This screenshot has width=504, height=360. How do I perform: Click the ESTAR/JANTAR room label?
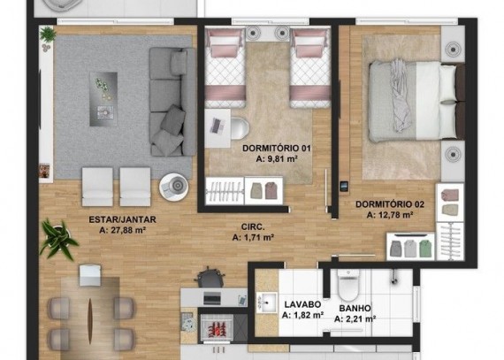123,219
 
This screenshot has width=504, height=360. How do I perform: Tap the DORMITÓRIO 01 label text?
277,149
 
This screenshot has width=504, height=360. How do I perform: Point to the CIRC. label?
253,227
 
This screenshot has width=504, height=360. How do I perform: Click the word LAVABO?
302,304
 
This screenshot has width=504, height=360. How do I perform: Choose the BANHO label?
355,308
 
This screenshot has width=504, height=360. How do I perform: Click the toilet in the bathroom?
347,284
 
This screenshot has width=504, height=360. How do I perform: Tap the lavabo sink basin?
266,303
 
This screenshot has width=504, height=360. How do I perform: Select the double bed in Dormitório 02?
416,102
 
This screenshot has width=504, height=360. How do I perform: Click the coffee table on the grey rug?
103,99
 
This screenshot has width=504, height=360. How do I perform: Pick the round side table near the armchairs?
173,187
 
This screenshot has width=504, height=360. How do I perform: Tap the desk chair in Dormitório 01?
240,128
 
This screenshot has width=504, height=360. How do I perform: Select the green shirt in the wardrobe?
424,249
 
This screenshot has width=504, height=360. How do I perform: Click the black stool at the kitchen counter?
210,278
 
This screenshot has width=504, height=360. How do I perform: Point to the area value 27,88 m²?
123,230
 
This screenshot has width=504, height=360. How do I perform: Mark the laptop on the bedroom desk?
216,126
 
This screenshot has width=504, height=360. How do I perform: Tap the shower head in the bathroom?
393,277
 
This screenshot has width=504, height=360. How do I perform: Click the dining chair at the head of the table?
90,275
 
